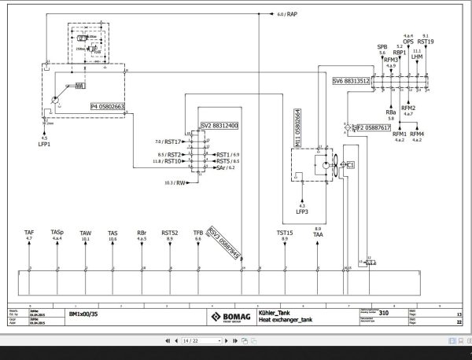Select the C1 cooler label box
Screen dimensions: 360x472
(x=350, y=164)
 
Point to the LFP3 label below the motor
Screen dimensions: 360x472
(x=301, y=212)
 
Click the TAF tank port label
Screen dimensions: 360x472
(x=29, y=233)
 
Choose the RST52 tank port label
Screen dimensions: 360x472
(x=169, y=233)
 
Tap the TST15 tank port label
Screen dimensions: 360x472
(x=284, y=233)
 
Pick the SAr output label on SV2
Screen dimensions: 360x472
(x=223, y=168)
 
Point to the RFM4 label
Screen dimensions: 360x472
(x=417, y=135)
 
